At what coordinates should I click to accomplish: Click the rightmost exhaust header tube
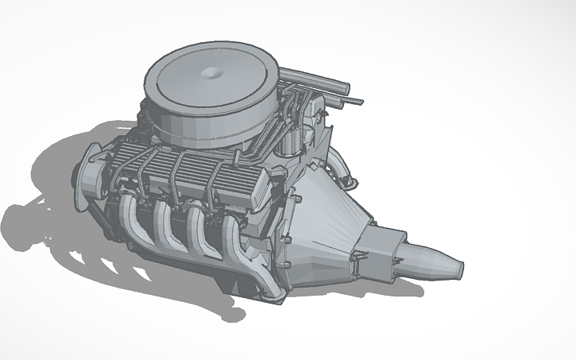pyautogui.click(x=232, y=238)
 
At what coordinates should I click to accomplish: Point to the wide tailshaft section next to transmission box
pyautogui.click(x=421, y=258)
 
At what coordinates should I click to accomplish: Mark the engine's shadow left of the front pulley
pyautogui.click(x=40, y=215)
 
